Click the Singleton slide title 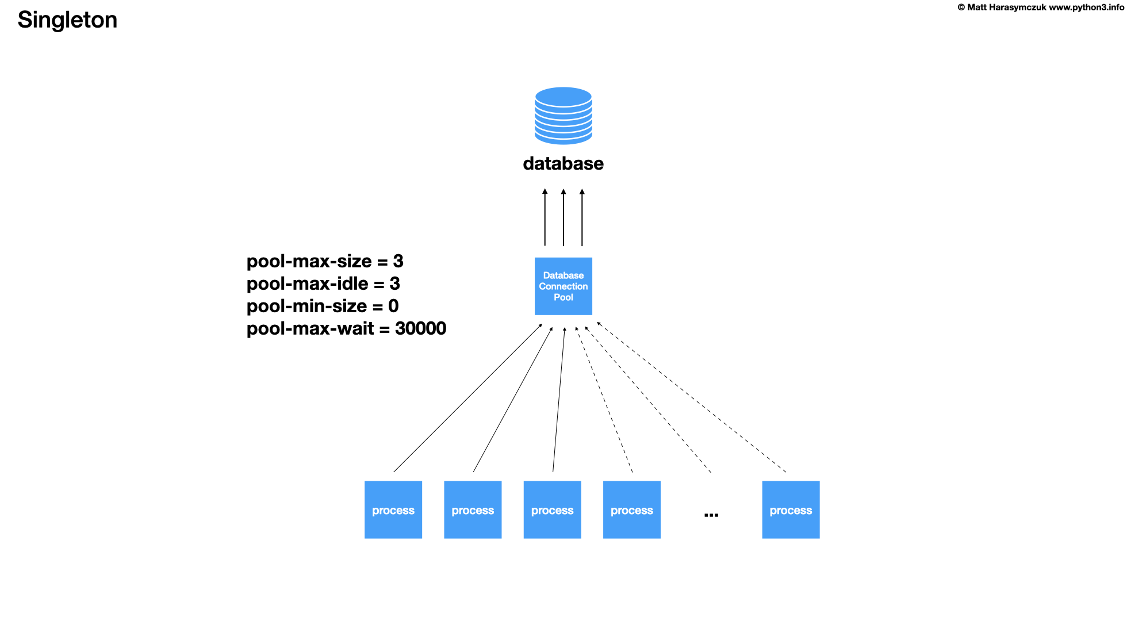point(67,20)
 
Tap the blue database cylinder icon point(563,116)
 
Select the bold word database point(563,164)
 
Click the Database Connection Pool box point(563,286)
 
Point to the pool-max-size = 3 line point(325,262)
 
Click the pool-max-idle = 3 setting point(323,284)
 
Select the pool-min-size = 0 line point(323,306)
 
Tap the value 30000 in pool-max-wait point(420,329)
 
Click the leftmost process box point(393,509)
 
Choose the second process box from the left point(473,509)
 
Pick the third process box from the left point(552,509)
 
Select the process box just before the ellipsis point(631,509)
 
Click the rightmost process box point(791,509)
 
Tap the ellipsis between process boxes point(711,515)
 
